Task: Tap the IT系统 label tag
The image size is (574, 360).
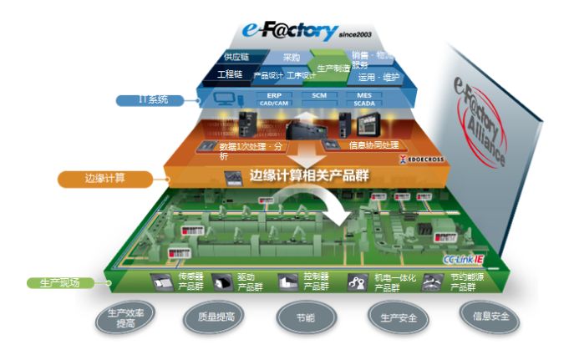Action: tap(153, 99)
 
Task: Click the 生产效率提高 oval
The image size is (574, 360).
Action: tap(124, 319)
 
